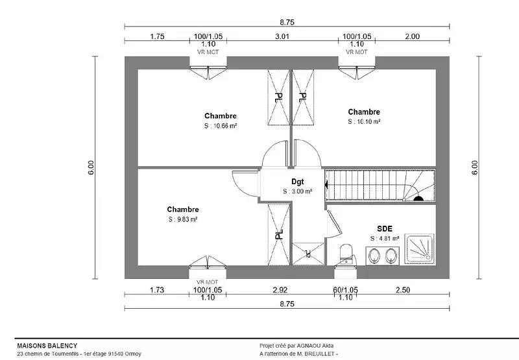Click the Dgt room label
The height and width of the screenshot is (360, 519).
tap(298, 182)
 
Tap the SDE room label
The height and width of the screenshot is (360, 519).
tap(385, 228)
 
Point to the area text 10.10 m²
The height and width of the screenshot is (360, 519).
tap(363, 121)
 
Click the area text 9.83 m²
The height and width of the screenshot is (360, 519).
tap(182, 219)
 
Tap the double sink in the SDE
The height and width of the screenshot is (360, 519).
tap(380, 258)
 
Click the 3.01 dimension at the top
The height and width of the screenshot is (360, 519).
tap(282, 36)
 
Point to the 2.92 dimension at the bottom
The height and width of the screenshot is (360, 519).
tap(280, 290)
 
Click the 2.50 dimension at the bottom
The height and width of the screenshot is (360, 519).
tap(402, 290)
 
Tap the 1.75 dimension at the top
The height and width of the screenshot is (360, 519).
tap(156, 36)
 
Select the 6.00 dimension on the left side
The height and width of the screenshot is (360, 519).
tap(91, 167)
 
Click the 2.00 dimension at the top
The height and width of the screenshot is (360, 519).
tap(412, 36)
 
